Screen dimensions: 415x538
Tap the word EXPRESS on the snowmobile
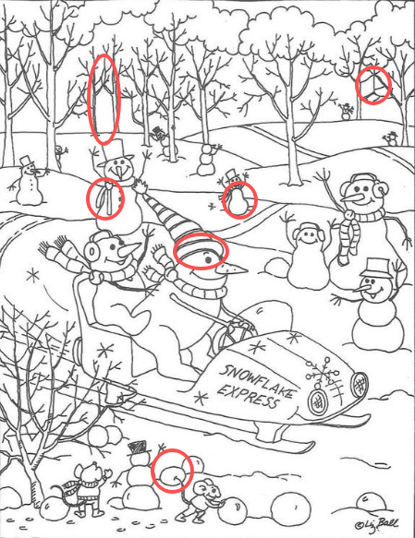tap(248, 396)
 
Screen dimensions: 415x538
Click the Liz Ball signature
tap(376, 524)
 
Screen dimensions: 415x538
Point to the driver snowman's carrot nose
tap(233, 269)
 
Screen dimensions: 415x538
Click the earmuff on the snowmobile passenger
tap(92, 251)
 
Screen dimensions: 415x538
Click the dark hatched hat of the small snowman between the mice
tap(139, 447)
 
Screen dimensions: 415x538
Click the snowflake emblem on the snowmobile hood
tap(323, 372)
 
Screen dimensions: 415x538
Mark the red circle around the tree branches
tap(373, 85)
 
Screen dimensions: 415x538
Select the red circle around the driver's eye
tap(201, 251)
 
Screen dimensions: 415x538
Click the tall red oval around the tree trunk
tap(104, 99)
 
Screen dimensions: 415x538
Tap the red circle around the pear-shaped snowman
tap(239, 200)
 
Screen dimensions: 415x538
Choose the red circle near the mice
tap(172, 471)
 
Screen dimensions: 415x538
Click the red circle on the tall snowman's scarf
tap(105, 198)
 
